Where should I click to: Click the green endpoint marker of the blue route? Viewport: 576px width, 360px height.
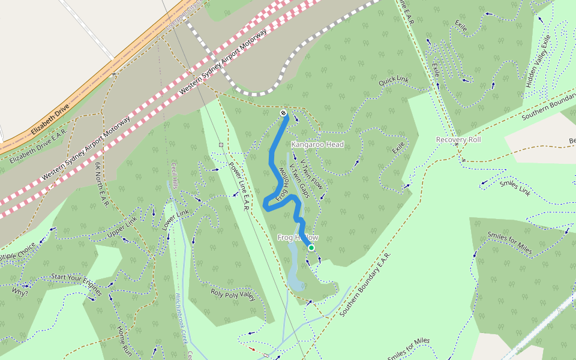(x=311, y=247)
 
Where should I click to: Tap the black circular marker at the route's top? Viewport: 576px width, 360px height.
(x=283, y=113)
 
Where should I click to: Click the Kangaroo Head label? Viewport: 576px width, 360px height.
(x=317, y=145)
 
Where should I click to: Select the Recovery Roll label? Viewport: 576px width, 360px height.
(x=458, y=140)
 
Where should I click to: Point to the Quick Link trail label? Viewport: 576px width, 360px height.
(x=394, y=81)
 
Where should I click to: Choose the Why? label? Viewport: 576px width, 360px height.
(x=20, y=293)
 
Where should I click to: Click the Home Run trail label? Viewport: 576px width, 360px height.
(x=124, y=340)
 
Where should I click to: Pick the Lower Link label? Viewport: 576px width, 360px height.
(x=175, y=220)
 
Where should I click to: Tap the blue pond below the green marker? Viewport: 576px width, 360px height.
(x=295, y=270)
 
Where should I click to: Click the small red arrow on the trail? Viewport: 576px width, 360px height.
(x=252, y=349)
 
